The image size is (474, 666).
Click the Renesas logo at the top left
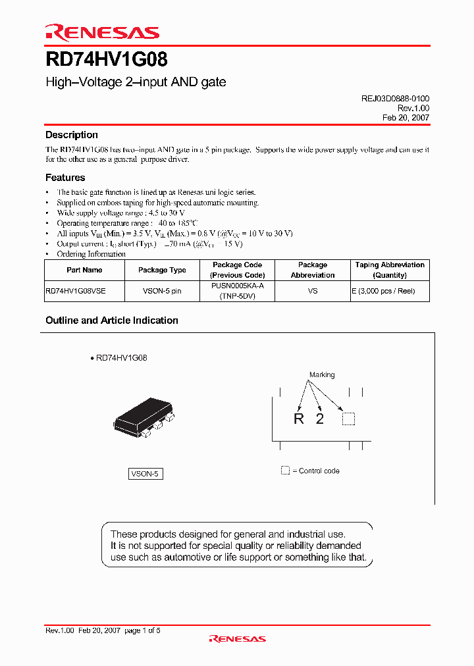(x=102, y=32)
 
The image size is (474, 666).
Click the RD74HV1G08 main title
(x=106, y=61)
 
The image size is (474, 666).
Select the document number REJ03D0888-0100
(x=395, y=98)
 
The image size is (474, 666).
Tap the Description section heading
(x=71, y=135)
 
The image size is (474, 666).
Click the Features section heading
(x=65, y=178)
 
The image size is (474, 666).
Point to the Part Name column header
(x=84, y=270)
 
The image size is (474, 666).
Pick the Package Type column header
(x=162, y=270)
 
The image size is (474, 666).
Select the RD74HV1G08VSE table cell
(x=75, y=291)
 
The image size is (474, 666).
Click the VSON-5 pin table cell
(x=162, y=291)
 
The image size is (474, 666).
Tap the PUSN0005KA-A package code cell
(x=237, y=286)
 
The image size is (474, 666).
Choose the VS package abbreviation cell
(x=313, y=291)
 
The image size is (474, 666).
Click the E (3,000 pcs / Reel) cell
(x=390, y=291)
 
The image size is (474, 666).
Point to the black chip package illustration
(x=144, y=419)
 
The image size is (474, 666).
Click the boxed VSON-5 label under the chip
(x=145, y=474)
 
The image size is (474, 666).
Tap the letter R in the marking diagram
(x=299, y=419)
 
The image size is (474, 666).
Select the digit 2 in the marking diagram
(x=320, y=419)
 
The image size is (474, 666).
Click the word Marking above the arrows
(x=322, y=375)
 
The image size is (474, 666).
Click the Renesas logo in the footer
(x=237, y=638)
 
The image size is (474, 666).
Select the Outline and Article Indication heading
(x=112, y=320)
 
